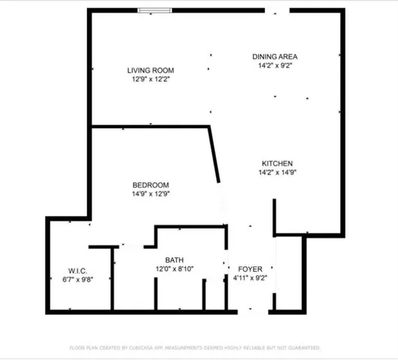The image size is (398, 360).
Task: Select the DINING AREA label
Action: (x=276, y=56)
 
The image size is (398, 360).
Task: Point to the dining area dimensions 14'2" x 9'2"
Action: (x=276, y=65)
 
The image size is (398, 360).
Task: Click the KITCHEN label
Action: (x=276, y=163)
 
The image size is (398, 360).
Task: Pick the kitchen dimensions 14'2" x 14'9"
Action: (x=276, y=172)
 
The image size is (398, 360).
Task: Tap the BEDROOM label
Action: (x=150, y=185)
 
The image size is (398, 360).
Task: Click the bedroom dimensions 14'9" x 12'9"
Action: (x=150, y=193)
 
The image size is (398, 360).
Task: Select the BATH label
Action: (x=174, y=260)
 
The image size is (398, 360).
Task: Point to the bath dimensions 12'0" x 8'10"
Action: (x=174, y=268)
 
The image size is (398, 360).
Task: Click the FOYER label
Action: (x=249, y=268)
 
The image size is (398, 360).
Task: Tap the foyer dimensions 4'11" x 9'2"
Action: (x=249, y=277)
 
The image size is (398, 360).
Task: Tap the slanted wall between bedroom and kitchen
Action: (x=215, y=154)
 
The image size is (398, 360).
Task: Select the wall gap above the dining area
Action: (x=276, y=10)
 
